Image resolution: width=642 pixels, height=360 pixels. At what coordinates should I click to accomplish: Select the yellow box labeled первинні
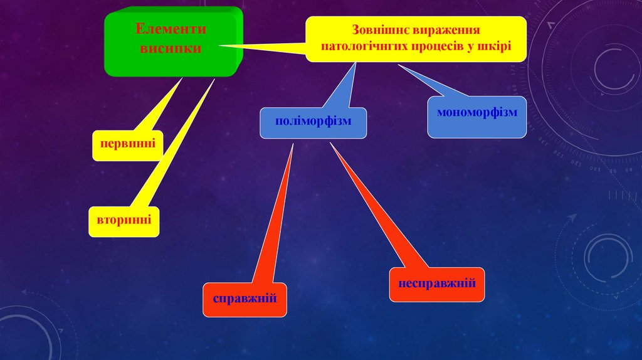pos(128,146)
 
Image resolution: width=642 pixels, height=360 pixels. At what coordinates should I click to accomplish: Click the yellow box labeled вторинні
pos(124,221)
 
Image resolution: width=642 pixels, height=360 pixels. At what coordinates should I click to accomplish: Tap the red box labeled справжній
pos(245,299)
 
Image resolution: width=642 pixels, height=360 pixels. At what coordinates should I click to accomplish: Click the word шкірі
pos(497,46)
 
